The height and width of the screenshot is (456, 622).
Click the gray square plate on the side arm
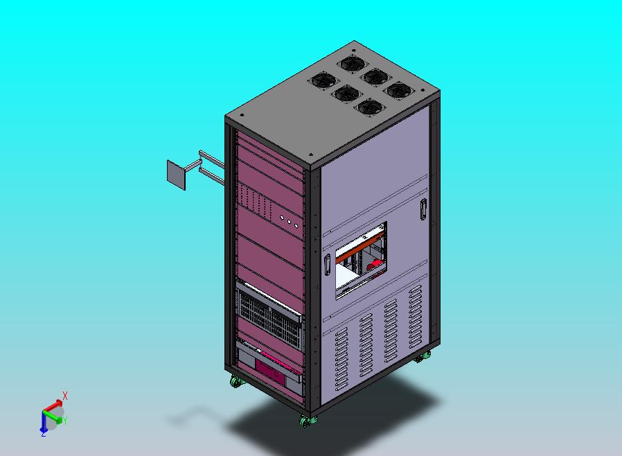click(176, 175)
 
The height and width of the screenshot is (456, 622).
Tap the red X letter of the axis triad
click(65, 396)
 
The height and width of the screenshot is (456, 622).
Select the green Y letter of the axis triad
click(65, 420)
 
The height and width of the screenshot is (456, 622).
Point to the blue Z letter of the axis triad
click(43, 434)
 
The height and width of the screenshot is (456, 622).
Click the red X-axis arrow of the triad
click(53, 406)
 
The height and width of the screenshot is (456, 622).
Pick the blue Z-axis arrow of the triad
click(43, 422)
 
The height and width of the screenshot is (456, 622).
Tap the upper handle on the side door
click(423, 209)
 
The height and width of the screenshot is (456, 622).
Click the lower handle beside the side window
click(327, 265)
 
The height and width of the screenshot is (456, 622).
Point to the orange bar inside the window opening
click(360, 248)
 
